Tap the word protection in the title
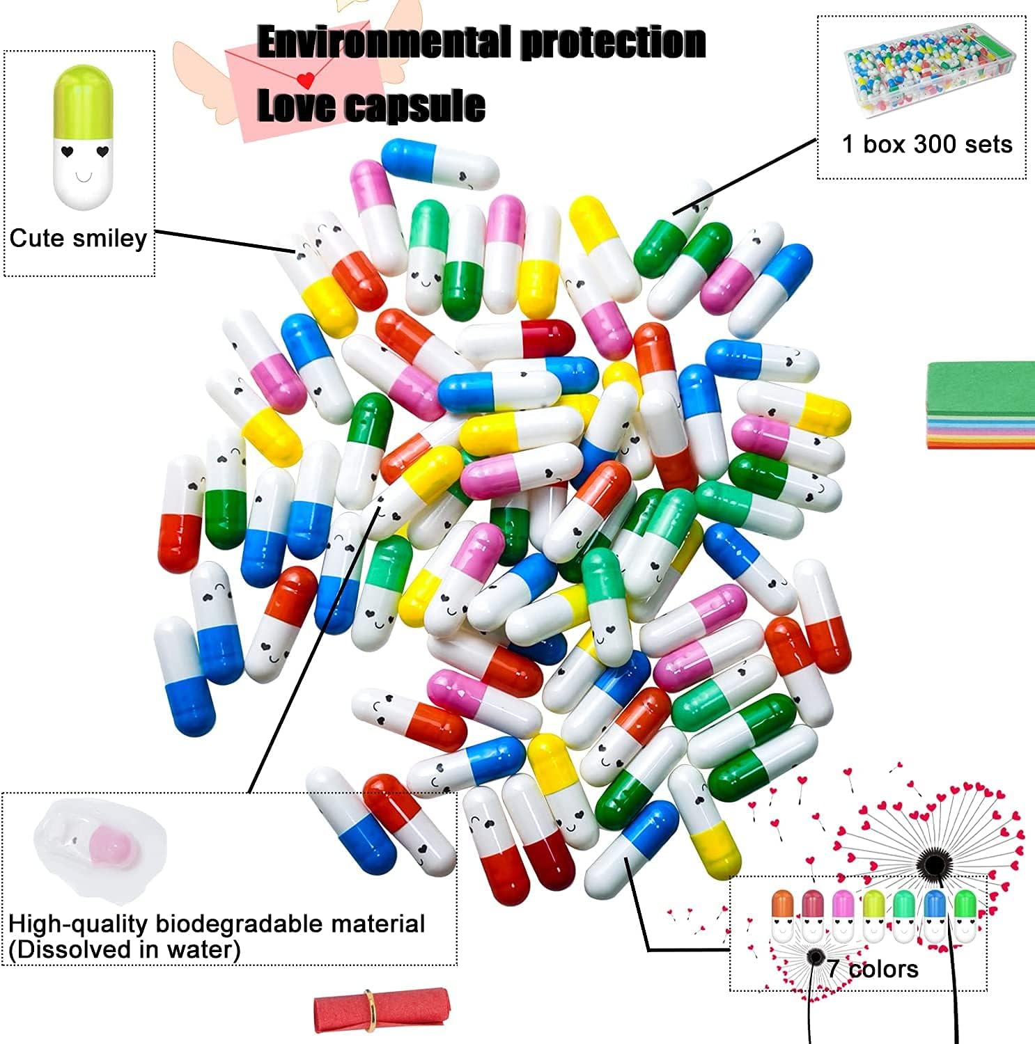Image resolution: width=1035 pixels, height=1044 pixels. click(x=614, y=42)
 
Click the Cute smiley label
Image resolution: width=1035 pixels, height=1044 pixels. click(x=78, y=239)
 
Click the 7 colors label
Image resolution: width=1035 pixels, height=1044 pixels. click(x=873, y=969)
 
